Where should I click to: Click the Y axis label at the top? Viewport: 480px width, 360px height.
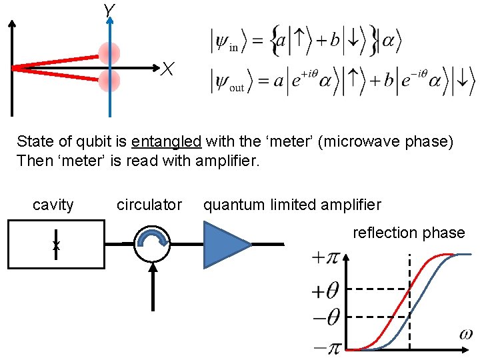click(109, 9)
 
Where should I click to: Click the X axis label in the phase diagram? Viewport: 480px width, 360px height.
click(168, 69)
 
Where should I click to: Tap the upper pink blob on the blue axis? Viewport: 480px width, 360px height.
click(109, 53)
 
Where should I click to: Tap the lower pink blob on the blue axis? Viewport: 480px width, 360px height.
click(109, 81)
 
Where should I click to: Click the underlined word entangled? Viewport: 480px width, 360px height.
click(167, 141)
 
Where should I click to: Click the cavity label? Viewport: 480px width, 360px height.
click(53, 205)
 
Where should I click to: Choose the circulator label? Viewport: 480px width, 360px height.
click(149, 205)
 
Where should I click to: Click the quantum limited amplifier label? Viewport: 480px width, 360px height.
click(292, 205)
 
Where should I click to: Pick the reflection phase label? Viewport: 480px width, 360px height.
click(409, 233)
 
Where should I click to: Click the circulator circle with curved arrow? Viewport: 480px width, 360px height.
click(152, 245)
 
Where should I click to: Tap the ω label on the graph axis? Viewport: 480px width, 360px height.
click(467, 333)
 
